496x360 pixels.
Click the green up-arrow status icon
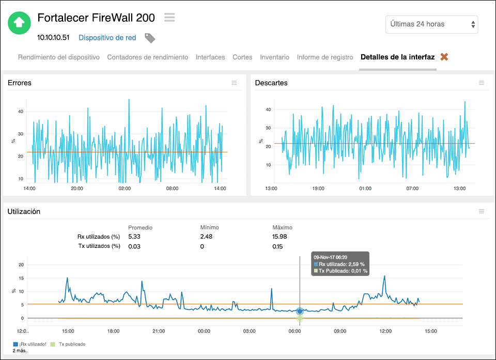point(19,22)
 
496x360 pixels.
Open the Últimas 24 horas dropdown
point(431,24)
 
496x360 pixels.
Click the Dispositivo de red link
point(107,37)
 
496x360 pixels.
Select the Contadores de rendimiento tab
point(147,57)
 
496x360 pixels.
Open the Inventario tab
point(274,57)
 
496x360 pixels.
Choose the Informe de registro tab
point(325,57)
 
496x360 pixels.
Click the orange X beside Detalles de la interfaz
point(444,57)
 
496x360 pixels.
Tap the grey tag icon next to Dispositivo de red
point(150,38)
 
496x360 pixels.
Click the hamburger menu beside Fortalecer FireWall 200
point(169,18)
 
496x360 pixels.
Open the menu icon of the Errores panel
point(234,83)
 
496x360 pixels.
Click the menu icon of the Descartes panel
point(482,83)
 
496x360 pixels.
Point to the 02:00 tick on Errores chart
point(125,189)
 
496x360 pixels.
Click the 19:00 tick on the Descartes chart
point(318,189)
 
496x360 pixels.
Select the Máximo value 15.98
point(280,237)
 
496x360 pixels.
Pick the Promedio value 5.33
point(134,237)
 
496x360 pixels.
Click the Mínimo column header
point(209,227)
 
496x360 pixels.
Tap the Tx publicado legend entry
point(72,344)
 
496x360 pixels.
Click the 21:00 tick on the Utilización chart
point(159,331)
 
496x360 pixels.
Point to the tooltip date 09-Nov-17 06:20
point(330,256)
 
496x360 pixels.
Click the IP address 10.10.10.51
point(53,37)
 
